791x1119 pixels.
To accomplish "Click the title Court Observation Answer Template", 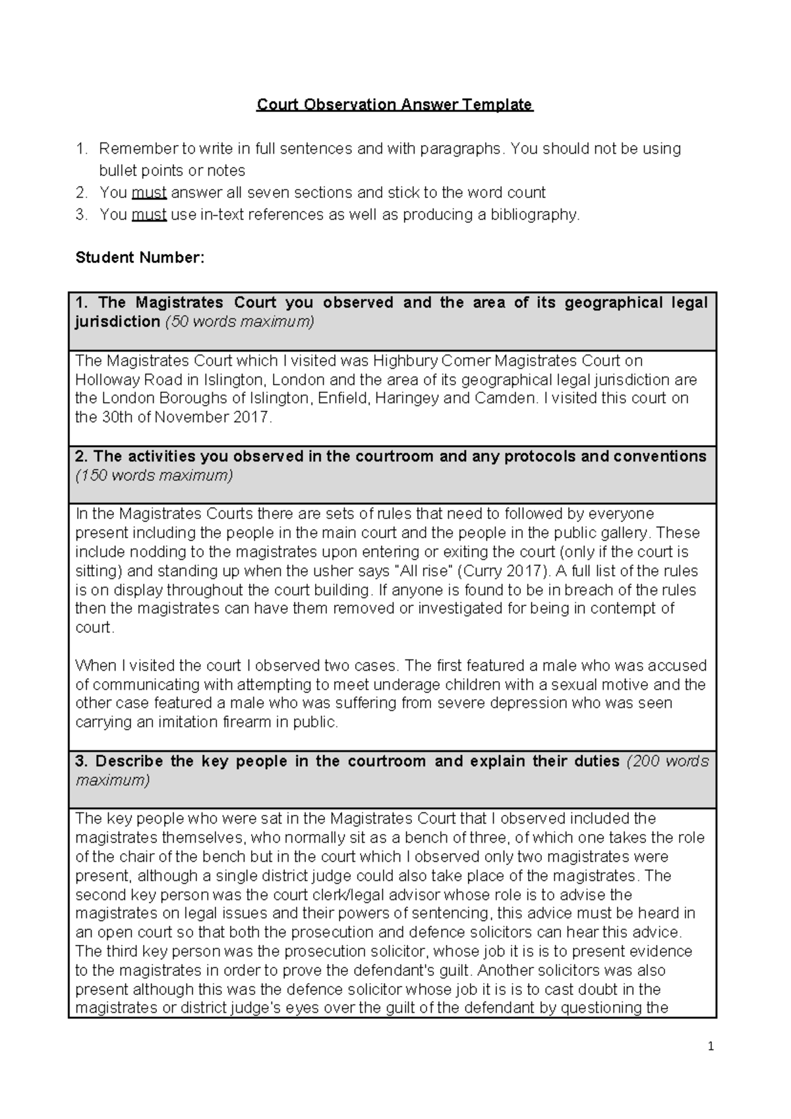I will pyautogui.click(x=394, y=105).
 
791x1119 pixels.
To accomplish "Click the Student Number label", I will pyautogui.click(x=140, y=258).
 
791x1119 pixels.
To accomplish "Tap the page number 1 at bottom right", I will pyautogui.click(x=711, y=1046).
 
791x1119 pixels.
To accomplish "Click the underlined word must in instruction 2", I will pyautogui.click(x=149, y=193).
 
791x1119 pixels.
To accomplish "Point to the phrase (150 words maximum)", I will pyautogui.click(x=154, y=475).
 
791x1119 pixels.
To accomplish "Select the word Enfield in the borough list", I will pyautogui.click(x=342, y=398).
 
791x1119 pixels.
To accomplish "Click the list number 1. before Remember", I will pyautogui.click(x=81, y=149).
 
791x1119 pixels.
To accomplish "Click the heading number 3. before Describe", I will pyautogui.click(x=81, y=762).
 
